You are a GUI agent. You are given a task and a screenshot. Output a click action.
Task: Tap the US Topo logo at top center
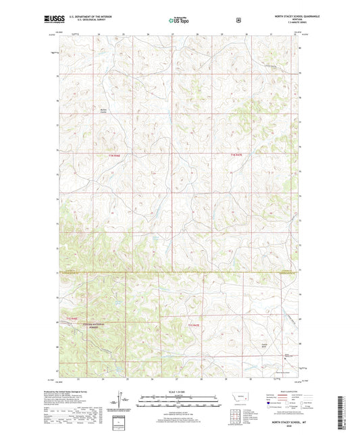tap(179, 20)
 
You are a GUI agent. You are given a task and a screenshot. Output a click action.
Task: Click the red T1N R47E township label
tap(234, 156)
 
